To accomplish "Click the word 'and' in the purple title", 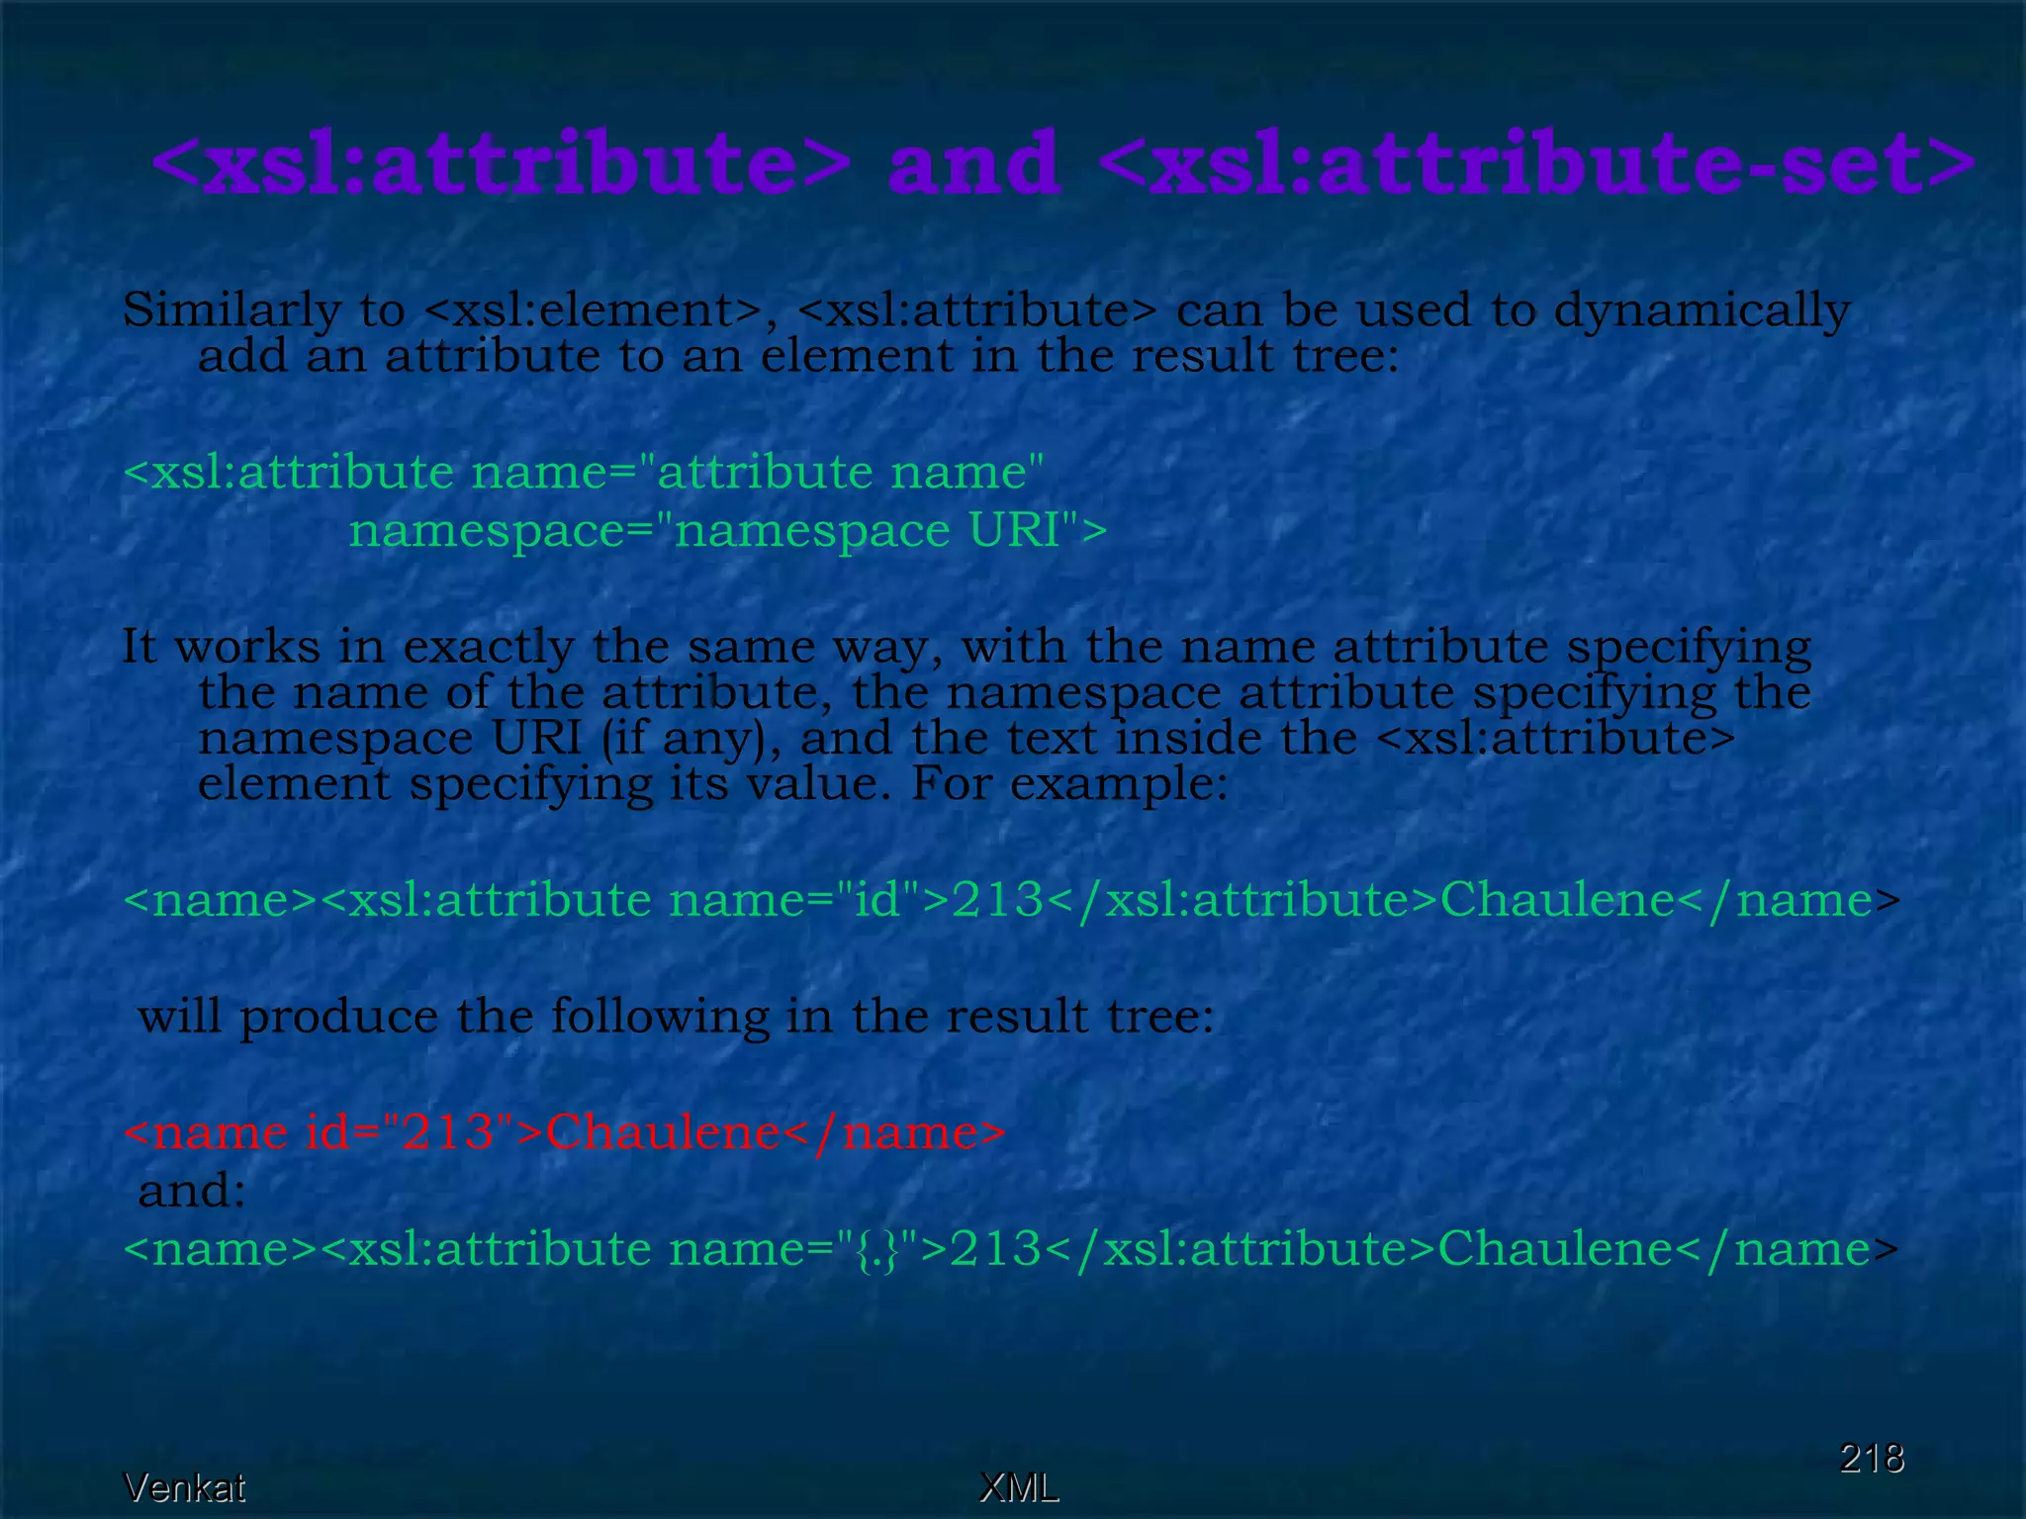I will pos(973,163).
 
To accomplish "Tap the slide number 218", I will pos(1871,1458).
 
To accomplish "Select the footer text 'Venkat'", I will pos(184,1487).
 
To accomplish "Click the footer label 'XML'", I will pos(1018,1487).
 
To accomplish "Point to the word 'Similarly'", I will pos(231,312).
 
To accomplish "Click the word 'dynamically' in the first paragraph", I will pos(1702,312).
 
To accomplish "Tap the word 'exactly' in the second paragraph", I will pos(488,649).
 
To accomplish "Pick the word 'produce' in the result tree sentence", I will pos(338,1018).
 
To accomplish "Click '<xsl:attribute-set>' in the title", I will pos(1536,163).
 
